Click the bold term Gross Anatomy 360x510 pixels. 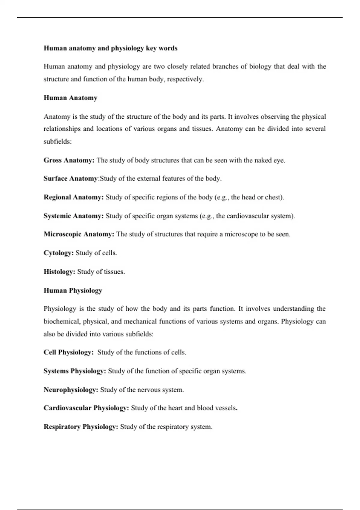pyautogui.click(x=69, y=160)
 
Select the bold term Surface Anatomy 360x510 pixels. pyautogui.click(x=70, y=178)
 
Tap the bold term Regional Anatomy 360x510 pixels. pyautogui.click(x=73, y=197)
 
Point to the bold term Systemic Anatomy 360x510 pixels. pyautogui.click(x=73, y=216)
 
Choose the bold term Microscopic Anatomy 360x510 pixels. pyautogui.click(x=79, y=234)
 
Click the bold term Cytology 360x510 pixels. pyautogui.click(x=58, y=253)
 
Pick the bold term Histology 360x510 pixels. pyautogui.click(x=59, y=272)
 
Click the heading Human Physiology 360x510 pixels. pyautogui.click(x=73, y=290)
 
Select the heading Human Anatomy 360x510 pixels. pyautogui.click(x=70, y=98)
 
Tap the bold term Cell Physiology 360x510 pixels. pyautogui.click(x=68, y=352)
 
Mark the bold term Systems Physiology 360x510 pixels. pyautogui.click(x=75, y=371)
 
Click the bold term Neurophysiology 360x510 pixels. pyautogui.click(x=71, y=390)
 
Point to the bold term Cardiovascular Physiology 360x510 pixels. pyautogui.click(x=86, y=408)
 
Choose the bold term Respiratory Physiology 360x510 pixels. pyautogui.click(x=81, y=427)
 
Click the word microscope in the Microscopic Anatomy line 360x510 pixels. pyautogui.click(x=241, y=234)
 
